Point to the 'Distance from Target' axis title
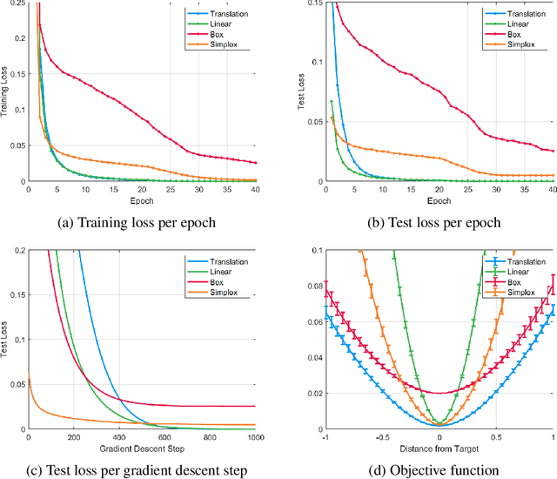pos(440,449)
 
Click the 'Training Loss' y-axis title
pos(6,92)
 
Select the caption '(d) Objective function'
pos(440,470)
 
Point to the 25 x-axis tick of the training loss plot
pos(171,189)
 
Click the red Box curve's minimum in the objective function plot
pos(440,393)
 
